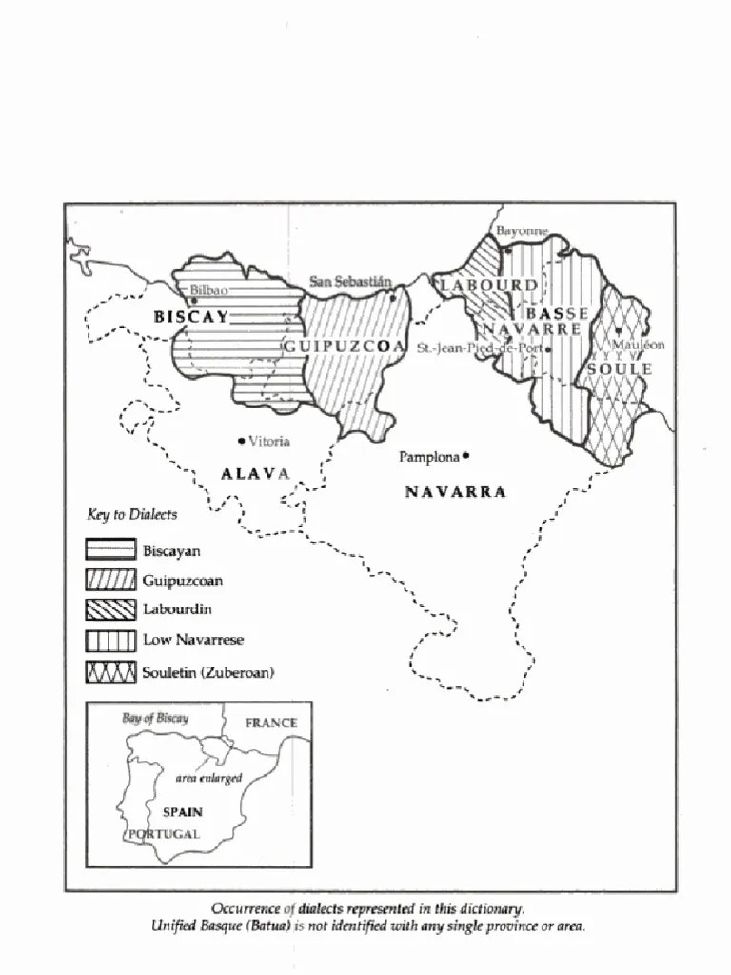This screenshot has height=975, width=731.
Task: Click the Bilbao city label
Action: pos(208,289)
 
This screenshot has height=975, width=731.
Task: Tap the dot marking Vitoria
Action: pos(241,440)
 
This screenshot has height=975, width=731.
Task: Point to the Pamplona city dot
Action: pos(466,456)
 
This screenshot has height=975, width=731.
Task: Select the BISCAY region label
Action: pos(191,317)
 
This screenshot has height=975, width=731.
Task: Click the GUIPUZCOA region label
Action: pos(345,347)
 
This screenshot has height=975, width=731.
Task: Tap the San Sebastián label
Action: pos(350,281)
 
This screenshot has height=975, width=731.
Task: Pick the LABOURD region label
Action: pos(488,285)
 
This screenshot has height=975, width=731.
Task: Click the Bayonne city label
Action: pos(522,231)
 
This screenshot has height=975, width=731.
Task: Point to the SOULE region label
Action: pos(619,368)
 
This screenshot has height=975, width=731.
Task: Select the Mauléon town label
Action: pos(638,345)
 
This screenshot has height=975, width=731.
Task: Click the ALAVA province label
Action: pos(255,473)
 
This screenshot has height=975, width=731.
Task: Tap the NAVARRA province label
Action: pos(455,491)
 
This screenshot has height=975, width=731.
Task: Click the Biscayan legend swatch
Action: pos(110,549)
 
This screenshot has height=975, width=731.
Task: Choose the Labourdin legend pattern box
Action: pos(110,609)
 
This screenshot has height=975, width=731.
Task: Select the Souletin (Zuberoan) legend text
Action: pos(207,672)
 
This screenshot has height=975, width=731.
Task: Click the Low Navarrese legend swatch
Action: pos(110,640)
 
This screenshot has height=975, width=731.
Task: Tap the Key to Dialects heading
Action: pos(131,514)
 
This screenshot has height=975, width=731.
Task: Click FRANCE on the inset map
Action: pos(271,723)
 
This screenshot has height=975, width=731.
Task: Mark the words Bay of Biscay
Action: pos(154,718)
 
